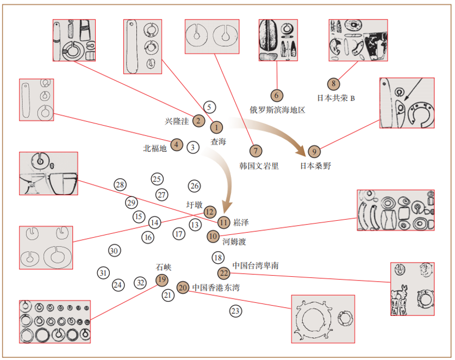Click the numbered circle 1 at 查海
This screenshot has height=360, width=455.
tap(216, 127)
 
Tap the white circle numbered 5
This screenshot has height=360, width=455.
tap(210, 107)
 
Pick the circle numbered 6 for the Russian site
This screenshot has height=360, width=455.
tap(277, 96)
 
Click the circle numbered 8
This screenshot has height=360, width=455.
tap(333, 84)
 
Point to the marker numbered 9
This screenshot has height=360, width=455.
tap(314, 151)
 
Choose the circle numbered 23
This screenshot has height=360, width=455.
tap(235, 311)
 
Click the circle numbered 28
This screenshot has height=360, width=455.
tap(120, 185)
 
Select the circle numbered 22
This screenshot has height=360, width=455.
tap(223, 272)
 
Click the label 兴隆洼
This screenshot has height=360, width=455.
tap(177, 121)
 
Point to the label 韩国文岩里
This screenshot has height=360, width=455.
tap(259, 165)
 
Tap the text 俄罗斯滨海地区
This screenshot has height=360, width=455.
tap(277, 109)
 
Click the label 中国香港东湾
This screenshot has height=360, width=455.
tap(216, 287)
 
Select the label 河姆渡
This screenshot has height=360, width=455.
tap(234, 241)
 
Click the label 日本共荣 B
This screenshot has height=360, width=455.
tap(335, 98)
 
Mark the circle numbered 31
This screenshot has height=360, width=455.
tap(103, 272)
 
